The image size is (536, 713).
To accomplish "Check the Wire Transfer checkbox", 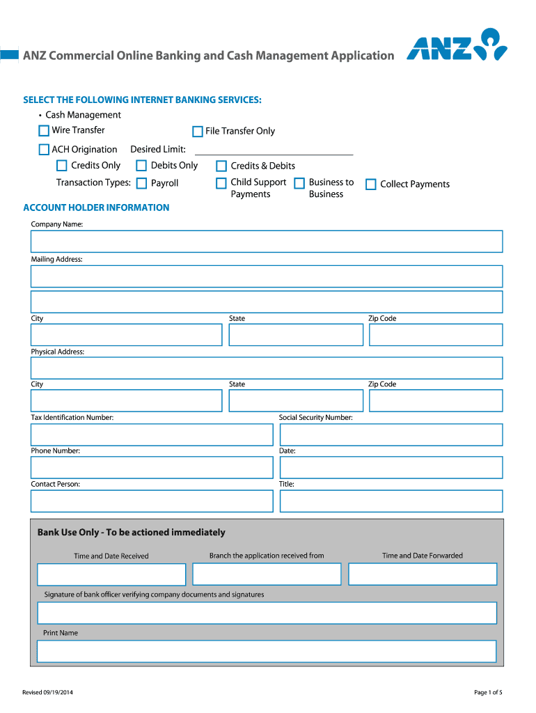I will click(44, 131).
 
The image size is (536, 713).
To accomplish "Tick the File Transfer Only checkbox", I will click(198, 132).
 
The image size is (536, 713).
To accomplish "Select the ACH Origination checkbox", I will click(44, 150).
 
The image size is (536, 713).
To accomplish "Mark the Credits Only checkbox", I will click(62, 166).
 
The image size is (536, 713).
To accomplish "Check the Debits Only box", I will click(141, 166).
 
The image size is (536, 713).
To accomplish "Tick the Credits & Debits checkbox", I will click(221, 166).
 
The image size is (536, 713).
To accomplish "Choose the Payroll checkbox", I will click(141, 184).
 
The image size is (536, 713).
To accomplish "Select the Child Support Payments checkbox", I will click(221, 183).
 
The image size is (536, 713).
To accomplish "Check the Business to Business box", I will click(299, 183).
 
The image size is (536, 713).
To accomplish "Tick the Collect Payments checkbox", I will click(371, 185).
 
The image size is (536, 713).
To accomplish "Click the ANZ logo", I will click(457, 46).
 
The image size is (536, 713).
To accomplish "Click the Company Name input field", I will click(266, 242).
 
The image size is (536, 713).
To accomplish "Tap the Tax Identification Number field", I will click(152, 434).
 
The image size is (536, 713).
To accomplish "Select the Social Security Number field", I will click(391, 434).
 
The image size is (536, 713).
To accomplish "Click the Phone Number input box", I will click(152, 467).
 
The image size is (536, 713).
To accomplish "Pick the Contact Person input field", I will click(152, 501).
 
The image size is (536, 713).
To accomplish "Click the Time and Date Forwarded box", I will click(423, 574).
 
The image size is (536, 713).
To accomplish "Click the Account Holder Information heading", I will click(96, 207).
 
